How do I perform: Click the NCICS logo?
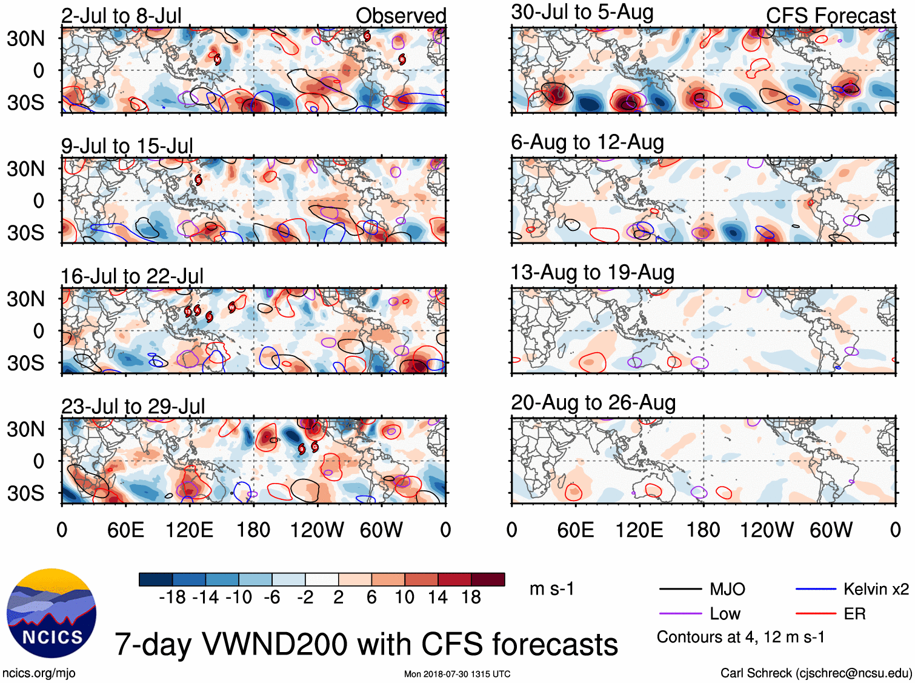coord(52,613)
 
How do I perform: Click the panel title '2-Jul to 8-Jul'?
coord(121,16)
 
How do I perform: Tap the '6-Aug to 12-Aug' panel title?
coord(587,142)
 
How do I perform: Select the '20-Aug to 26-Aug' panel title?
coord(593,403)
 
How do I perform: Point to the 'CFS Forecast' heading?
coord(830,16)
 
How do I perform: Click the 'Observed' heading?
coord(401,16)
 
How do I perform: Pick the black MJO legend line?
coord(680,589)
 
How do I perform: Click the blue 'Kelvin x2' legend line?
coord(816,589)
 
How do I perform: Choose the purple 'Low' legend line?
coord(680,614)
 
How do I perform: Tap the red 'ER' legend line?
coord(816,614)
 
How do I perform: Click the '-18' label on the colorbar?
coord(172,598)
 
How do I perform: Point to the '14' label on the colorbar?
coord(438,598)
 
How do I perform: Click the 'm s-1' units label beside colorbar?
coord(551,589)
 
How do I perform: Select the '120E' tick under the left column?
coord(190,530)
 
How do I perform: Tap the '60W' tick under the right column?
coord(831,530)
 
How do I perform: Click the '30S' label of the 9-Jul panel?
coord(25,233)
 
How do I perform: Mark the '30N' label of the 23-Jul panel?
coord(25,429)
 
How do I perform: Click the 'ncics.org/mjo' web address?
coord(39,673)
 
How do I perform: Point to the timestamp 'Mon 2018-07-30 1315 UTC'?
coord(457,674)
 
